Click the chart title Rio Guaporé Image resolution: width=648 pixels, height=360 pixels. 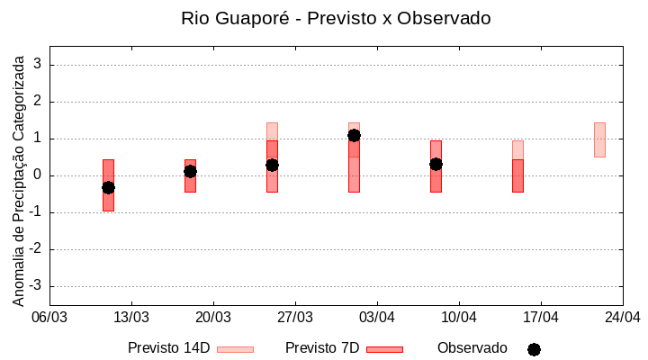pos(336,18)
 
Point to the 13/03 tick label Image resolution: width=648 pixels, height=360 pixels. pos(131,317)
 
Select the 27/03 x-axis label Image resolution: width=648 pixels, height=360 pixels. pos(295,317)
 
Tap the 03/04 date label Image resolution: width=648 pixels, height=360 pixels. pos(377,317)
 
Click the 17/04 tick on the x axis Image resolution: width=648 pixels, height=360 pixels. pos(541,317)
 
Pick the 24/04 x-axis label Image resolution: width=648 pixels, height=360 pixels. pos(622,317)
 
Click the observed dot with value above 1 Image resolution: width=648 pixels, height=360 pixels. pos(354,135)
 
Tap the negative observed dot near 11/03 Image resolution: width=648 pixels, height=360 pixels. pos(108,187)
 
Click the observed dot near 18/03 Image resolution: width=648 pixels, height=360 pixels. pos(190,171)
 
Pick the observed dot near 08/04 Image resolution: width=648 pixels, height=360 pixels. pos(436,164)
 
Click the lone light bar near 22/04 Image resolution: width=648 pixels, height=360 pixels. pos(599,139)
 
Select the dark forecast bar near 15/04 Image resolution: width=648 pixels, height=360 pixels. pos(517,175)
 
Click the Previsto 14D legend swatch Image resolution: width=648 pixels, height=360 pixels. pos(235,349)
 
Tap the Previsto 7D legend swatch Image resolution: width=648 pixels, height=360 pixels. pos(384,349)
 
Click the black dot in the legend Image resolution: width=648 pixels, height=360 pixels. pos(534,349)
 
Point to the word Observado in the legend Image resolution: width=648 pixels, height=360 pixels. pos(472,348)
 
